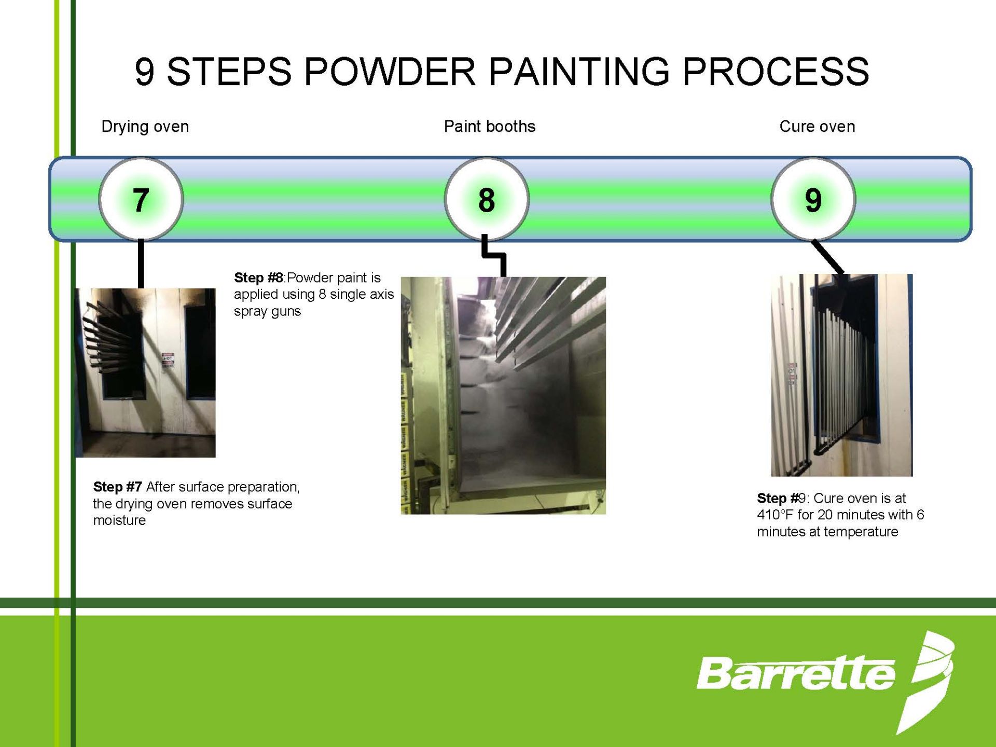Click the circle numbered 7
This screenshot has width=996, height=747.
click(141, 199)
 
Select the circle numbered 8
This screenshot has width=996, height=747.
click(487, 199)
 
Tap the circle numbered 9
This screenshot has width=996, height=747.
click(813, 199)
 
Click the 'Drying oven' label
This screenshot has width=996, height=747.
click(145, 127)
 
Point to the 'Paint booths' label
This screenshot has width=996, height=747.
click(490, 127)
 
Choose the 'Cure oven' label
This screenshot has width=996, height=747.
click(817, 127)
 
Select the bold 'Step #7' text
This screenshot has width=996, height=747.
click(117, 487)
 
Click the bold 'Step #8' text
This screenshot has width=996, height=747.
click(258, 278)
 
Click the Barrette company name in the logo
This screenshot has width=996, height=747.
click(796, 673)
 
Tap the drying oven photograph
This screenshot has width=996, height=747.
click(145, 373)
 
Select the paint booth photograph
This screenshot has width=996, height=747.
click(503, 395)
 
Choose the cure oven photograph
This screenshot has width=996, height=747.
click(841, 375)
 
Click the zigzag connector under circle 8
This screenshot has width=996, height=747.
click(493, 255)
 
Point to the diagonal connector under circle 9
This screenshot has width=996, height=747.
click(828, 257)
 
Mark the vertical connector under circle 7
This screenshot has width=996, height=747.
click(141, 264)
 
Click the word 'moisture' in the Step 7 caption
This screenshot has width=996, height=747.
click(119, 520)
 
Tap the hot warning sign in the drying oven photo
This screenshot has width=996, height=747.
click(168, 361)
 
